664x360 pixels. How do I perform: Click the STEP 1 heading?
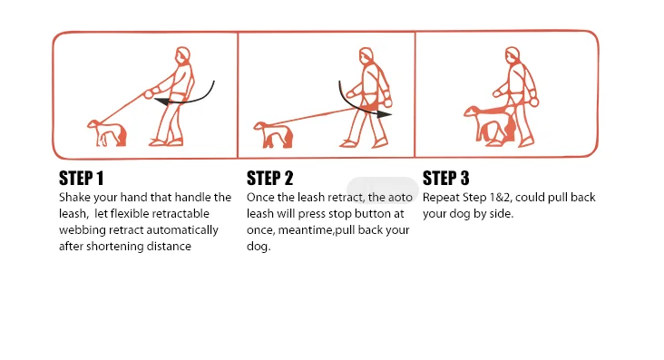[82, 179]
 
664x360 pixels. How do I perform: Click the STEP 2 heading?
[269, 179]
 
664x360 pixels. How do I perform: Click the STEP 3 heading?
[446, 179]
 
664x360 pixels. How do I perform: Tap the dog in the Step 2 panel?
[274, 135]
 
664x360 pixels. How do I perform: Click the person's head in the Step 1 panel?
[183, 55]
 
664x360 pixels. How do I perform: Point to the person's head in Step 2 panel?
[366, 56]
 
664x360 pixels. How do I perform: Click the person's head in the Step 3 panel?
[513, 55]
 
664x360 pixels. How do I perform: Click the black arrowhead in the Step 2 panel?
[384, 113]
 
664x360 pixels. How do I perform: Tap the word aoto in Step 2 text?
[400, 198]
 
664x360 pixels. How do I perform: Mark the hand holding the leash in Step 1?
[149, 93]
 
